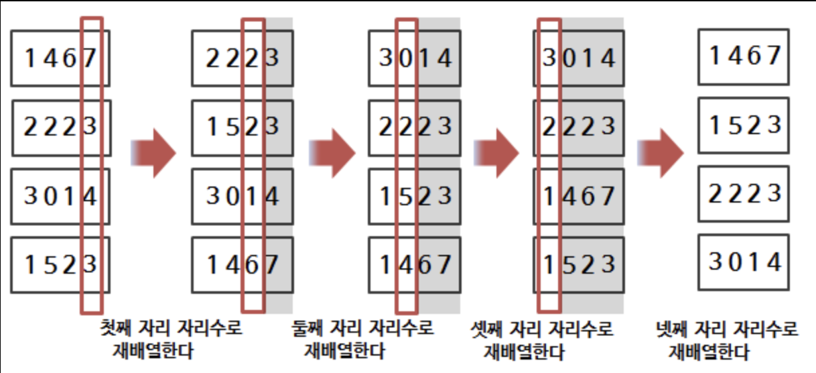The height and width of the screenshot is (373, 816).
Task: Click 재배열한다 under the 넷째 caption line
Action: [x=709, y=352]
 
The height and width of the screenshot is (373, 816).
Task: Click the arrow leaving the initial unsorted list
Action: [x=153, y=154]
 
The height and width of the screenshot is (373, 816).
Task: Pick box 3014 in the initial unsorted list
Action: [x=61, y=197]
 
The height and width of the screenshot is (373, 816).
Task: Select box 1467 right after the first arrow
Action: [x=242, y=266]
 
